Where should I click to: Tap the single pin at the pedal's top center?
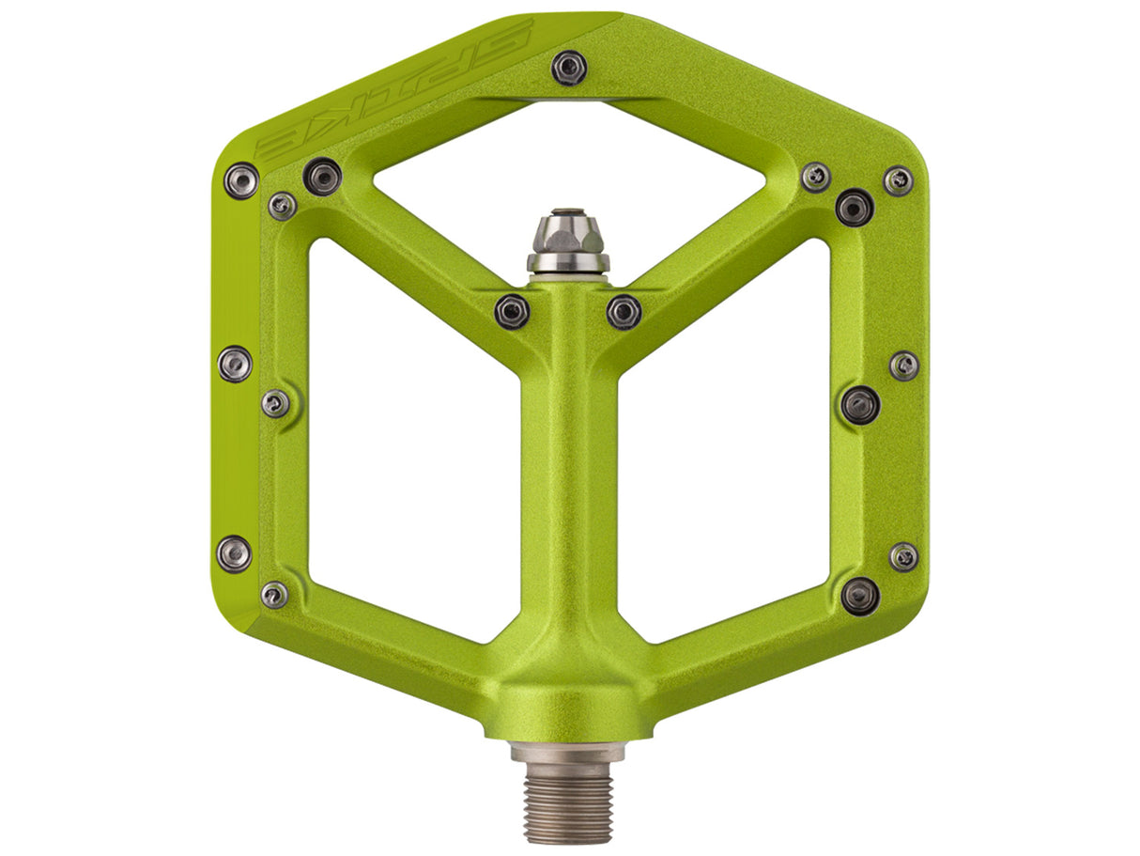click(569, 67)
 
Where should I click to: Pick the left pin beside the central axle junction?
click(512, 311)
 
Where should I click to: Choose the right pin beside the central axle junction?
click(624, 311)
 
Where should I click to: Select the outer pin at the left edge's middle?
click(235, 364)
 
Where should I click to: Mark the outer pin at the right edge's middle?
click(904, 366)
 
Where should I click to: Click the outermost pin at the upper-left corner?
click(241, 179)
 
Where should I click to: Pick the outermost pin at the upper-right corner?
click(899, 180)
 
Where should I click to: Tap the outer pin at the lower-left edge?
click(234, 553)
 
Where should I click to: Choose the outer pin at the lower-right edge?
click(904, 556)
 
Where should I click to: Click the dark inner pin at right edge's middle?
click(860, 405)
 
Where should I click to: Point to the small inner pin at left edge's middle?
click(275, 403)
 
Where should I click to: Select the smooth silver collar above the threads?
click(567, 752)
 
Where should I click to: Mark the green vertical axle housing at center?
click(567, 470)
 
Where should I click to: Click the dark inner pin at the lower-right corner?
click(860, 596)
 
